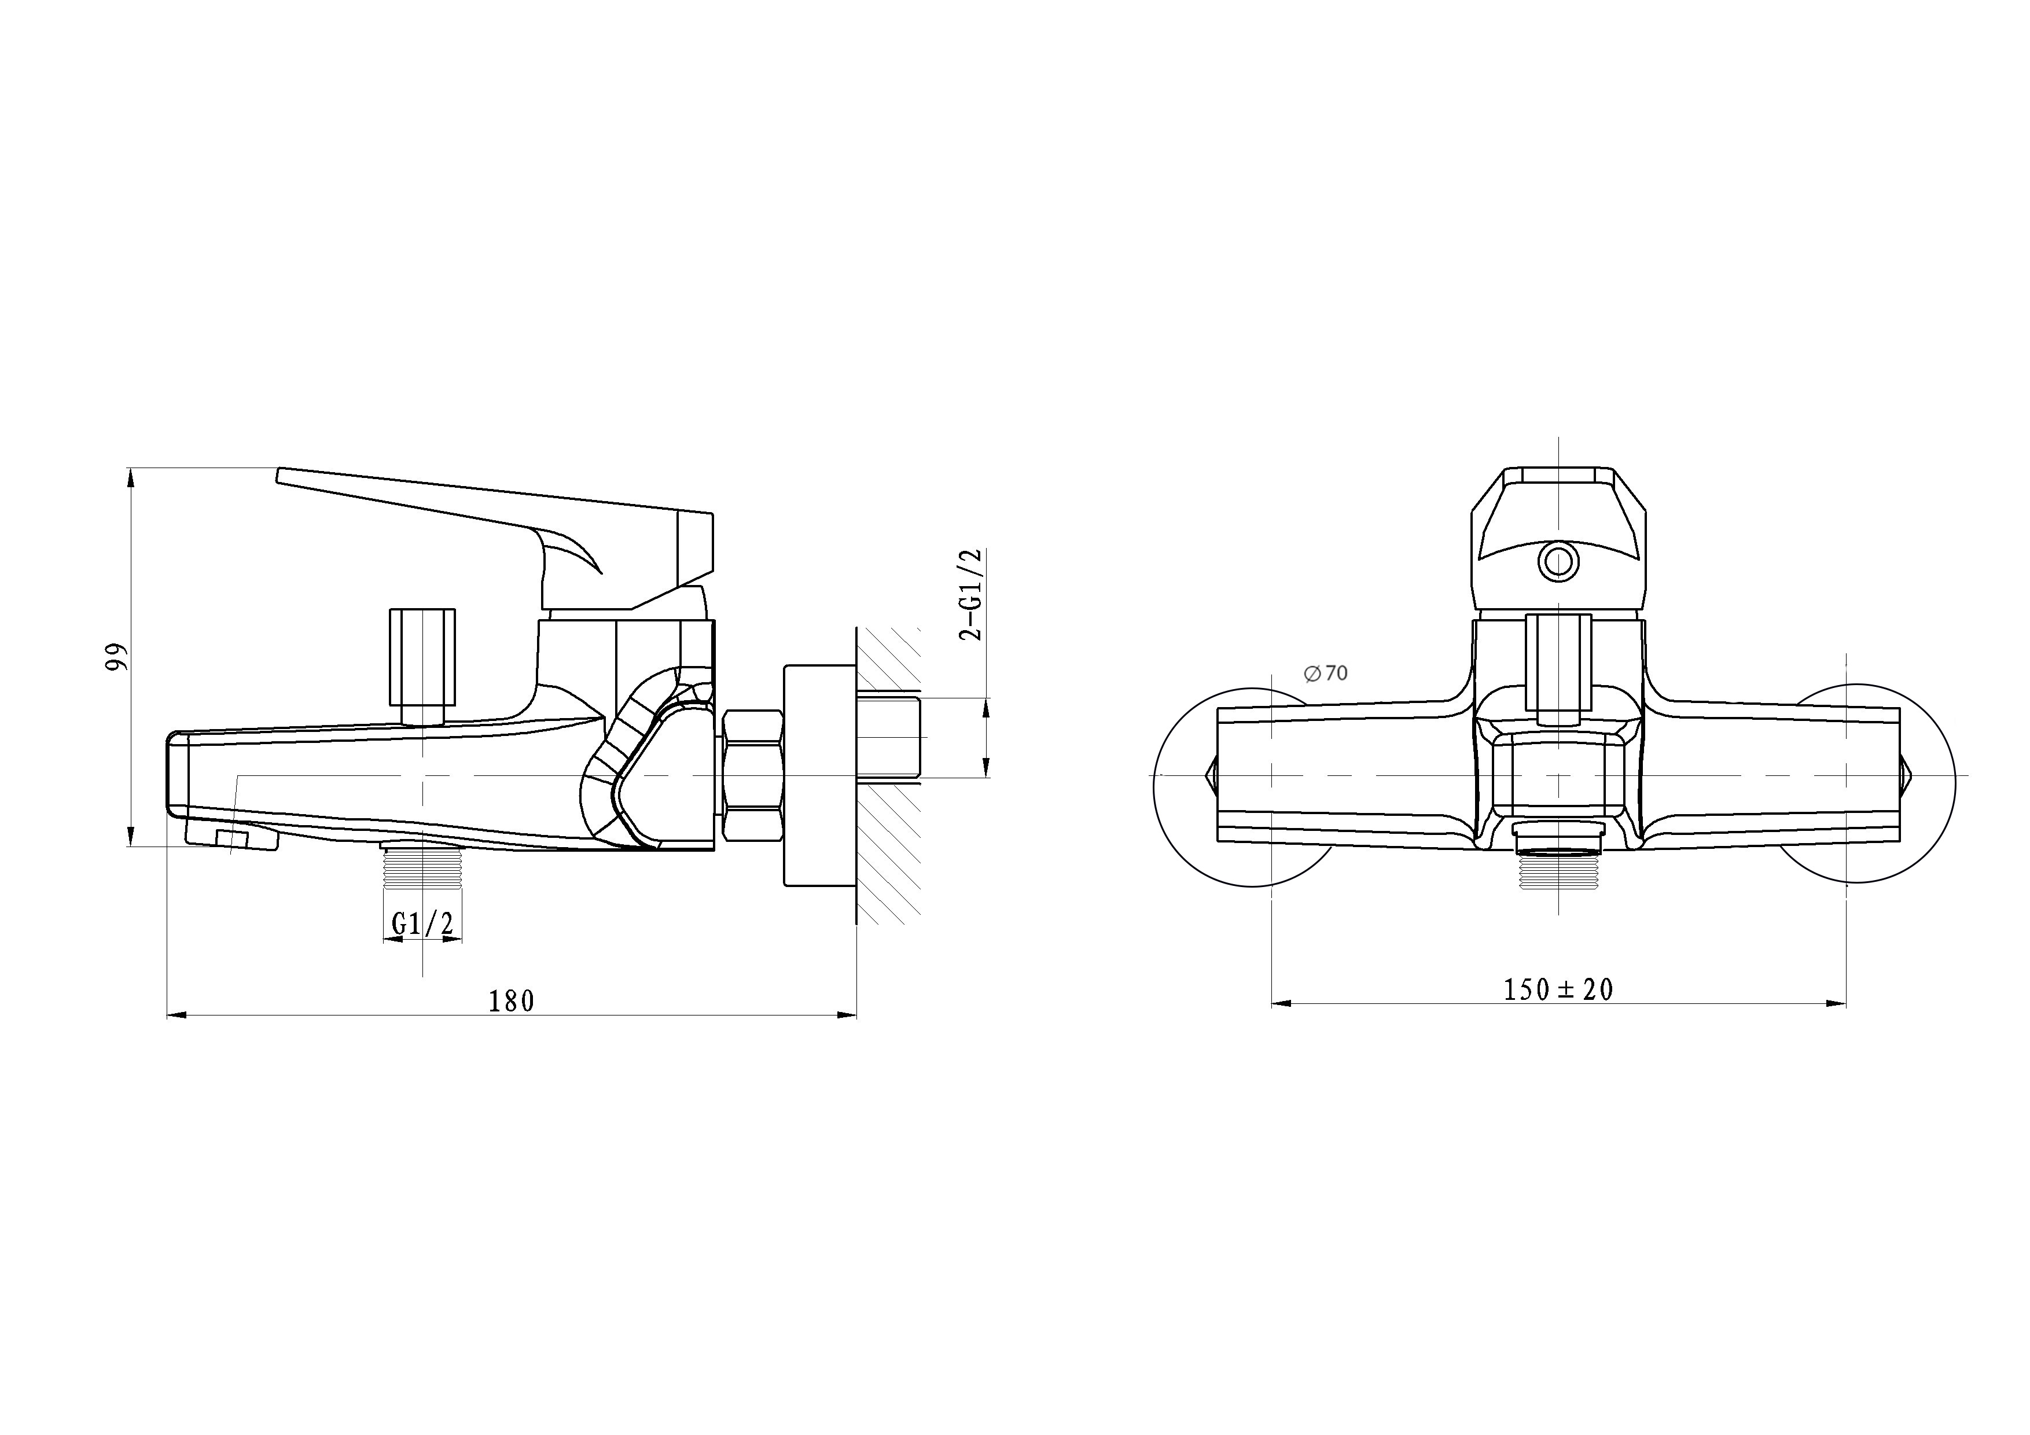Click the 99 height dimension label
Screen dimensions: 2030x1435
117,657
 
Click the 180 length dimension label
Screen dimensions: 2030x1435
512,1001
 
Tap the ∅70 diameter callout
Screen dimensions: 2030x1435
1326,673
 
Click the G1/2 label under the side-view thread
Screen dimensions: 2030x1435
422,925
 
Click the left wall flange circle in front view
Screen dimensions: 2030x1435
1246,787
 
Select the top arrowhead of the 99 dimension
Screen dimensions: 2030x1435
131,477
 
